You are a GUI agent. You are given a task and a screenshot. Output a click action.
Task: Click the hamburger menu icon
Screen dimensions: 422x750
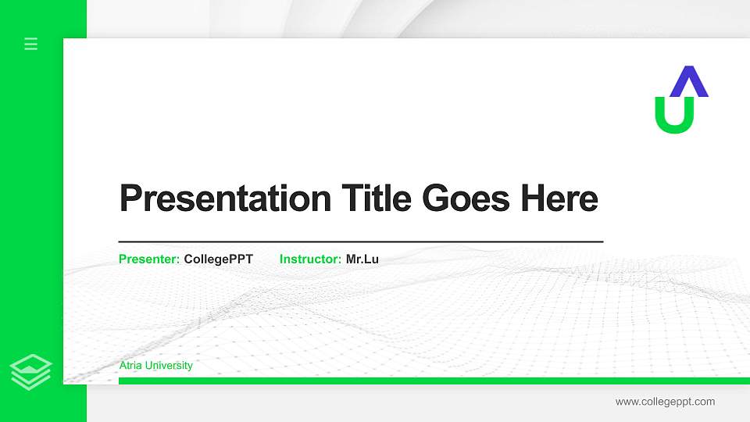[31, 45]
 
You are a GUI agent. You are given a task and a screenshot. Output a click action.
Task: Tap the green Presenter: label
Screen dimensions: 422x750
[149, 259]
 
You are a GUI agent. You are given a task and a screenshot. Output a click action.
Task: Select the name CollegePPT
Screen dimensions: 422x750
[218, 259]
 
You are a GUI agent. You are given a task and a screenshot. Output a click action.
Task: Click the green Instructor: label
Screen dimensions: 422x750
[310, 259]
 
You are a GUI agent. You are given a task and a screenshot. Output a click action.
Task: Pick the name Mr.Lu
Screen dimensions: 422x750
[362, 259]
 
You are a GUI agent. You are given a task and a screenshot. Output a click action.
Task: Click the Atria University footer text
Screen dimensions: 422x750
[155, 366]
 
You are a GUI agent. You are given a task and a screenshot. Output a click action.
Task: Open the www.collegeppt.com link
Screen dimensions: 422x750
[665, 402]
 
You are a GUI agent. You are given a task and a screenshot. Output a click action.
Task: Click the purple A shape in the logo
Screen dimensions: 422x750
[689, 82]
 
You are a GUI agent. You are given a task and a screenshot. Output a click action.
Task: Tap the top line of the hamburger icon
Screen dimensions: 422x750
[31, 39]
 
